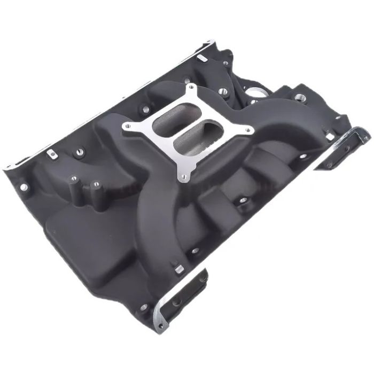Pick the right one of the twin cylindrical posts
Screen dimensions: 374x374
[97, 185]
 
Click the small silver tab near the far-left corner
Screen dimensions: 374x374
[50, 154]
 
